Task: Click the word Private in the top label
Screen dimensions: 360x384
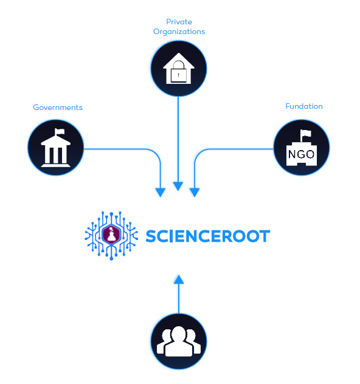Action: coord(179,22)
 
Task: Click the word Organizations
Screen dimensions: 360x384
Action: coord(179,32)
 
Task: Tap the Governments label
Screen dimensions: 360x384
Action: coord(58,108)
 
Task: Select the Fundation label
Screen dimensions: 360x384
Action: coord(304,106)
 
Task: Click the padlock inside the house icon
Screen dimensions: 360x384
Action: coord(178,72)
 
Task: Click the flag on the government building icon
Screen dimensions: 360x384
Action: coord(60,132)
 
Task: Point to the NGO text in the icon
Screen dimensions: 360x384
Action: coord(301,154)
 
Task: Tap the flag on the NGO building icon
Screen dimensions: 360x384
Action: coord(306,134)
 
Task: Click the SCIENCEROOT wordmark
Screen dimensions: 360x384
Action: coord(208,236)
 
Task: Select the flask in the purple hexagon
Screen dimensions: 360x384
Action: coord(111,235)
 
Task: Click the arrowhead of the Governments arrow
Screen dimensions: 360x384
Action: coord(161,193)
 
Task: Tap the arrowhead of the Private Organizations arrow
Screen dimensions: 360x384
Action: coord(178,187)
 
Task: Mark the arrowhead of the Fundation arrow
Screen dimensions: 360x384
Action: coord(195,193)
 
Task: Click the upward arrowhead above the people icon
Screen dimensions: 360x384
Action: coord(179,279)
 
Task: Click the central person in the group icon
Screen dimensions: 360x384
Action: coord(179,341)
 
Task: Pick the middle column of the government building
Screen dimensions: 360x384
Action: coord(55,155)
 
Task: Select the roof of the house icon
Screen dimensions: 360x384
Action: coord(179,61)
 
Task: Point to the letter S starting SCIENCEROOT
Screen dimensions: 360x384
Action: coord(151,236)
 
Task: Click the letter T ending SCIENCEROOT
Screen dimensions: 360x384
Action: coord(265,236)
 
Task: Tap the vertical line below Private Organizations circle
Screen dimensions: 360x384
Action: coord(178,139)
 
